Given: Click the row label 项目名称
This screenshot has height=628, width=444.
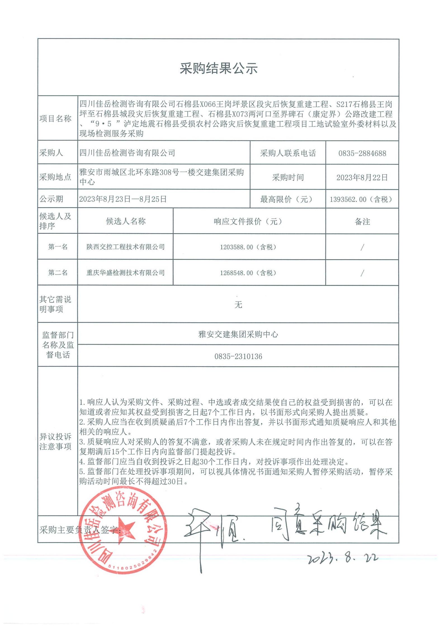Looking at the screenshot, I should pyautogui.click(x=55, y=119).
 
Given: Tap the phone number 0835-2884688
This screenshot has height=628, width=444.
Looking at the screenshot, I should pyautogui.click(x=362, y=153).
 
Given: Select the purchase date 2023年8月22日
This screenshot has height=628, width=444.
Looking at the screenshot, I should pyautogui.click(x=362, y=178).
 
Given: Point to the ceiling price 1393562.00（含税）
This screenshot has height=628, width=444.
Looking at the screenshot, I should pyautogui.click(x=362, y=199).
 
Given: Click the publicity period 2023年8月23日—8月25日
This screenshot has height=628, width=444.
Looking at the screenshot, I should pyautogui.click(x=123, y=199).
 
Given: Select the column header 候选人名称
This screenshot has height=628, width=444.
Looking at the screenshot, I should pyautogui.click(x=126, y=221).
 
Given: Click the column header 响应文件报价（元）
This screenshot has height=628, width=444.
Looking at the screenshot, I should pyautogui.click(x=249, y=221).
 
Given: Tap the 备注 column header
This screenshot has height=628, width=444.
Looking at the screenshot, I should pyautogui.click(x=362, y=222).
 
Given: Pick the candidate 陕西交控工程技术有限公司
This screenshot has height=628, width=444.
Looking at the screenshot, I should pyautogui.click(x=126, y=247).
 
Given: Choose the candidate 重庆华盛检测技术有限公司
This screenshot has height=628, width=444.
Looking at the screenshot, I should pyautogui.click(x=126, y=273).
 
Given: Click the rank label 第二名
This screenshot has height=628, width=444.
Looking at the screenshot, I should pyautogui.click(x=58, y=273).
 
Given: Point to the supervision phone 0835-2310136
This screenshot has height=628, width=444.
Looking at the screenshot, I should pyautogui.click(x=238, y=357).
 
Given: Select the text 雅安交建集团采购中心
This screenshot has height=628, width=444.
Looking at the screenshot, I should pyautogui.click(x=238, y=334).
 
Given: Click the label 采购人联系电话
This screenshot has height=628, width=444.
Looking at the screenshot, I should pyautogui.click(x=288, y=153).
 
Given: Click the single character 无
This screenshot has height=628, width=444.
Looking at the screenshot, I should pyautogui.click(x=238, y=304).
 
